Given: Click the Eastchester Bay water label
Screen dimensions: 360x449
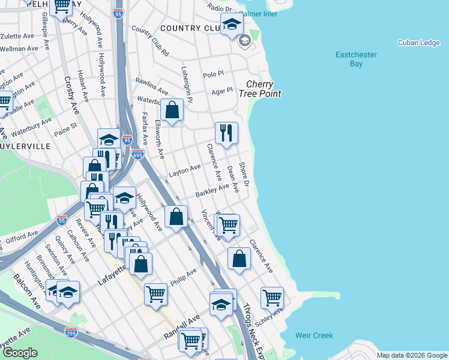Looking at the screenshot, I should coord(356,59).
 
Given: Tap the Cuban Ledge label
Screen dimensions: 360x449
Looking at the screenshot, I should coord(418,43).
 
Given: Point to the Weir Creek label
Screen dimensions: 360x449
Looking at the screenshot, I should coord(314,335).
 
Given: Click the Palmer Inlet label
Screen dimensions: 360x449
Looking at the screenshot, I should coord(258,13).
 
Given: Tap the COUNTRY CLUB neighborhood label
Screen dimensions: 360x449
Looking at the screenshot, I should coord(192,28).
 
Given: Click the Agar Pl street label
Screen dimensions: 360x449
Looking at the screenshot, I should coord(221,91).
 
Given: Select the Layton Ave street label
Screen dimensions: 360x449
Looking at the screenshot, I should coord(184,170).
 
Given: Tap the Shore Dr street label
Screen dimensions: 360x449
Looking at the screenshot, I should coord(244,173).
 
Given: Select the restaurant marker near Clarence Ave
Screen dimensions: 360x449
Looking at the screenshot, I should coord(226,133).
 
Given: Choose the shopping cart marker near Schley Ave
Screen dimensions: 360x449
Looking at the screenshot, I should coord(272,297).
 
